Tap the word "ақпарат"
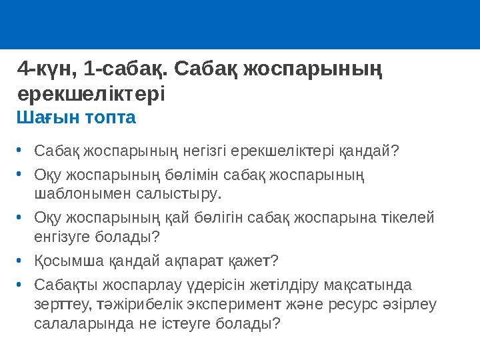pyautogui.click(x=183, y=261)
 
